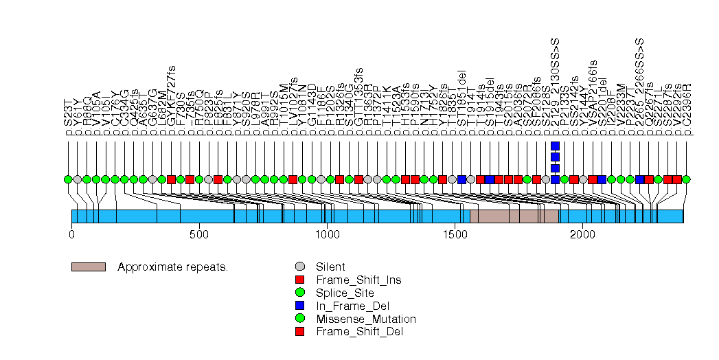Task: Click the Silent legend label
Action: (x=330, y=267)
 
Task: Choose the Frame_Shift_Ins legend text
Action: (x=358, y=280)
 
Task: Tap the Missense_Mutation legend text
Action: (x=365, y=319)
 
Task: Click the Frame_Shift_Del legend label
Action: (x=359, y=332)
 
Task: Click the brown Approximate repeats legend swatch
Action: (x=88, y=267)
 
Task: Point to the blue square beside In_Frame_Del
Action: (x=299, y=306)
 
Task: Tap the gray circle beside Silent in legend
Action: (x=299, y=267)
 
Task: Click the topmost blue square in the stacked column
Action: (x=555, y=146)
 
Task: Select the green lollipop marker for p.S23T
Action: (x=68, y=179)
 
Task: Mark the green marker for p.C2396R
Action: (x=686, y=179)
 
